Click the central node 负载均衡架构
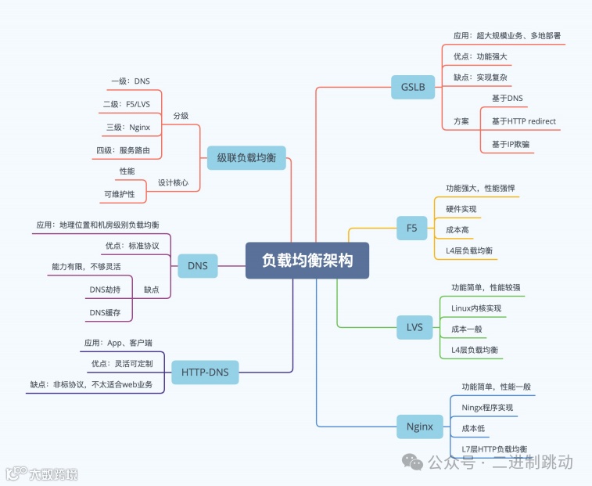307,260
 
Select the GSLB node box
413,87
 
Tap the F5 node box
411,229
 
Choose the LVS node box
414,326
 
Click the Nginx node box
420,427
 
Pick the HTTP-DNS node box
205,372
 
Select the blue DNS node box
198,266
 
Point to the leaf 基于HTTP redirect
523,121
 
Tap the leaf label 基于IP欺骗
511,144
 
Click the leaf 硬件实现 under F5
461,209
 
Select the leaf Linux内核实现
476,308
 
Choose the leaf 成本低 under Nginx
475,428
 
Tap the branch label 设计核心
173,182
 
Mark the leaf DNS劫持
105,290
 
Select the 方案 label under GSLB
461,121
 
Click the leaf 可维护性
119,193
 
